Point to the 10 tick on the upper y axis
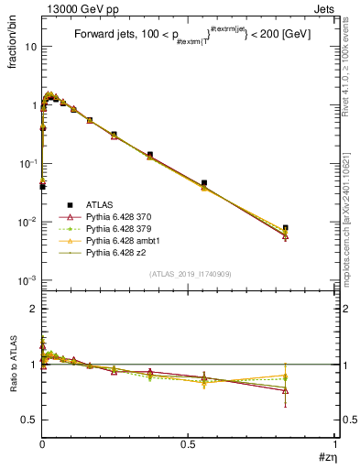pyautogui.click(x=29, y=47)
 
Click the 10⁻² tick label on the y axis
pyautogui.click(x=27, y=223)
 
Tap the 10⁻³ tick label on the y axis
pyautogui.click(x=27, y=281)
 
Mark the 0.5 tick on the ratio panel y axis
pyautogui.click(x=29, y=420)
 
